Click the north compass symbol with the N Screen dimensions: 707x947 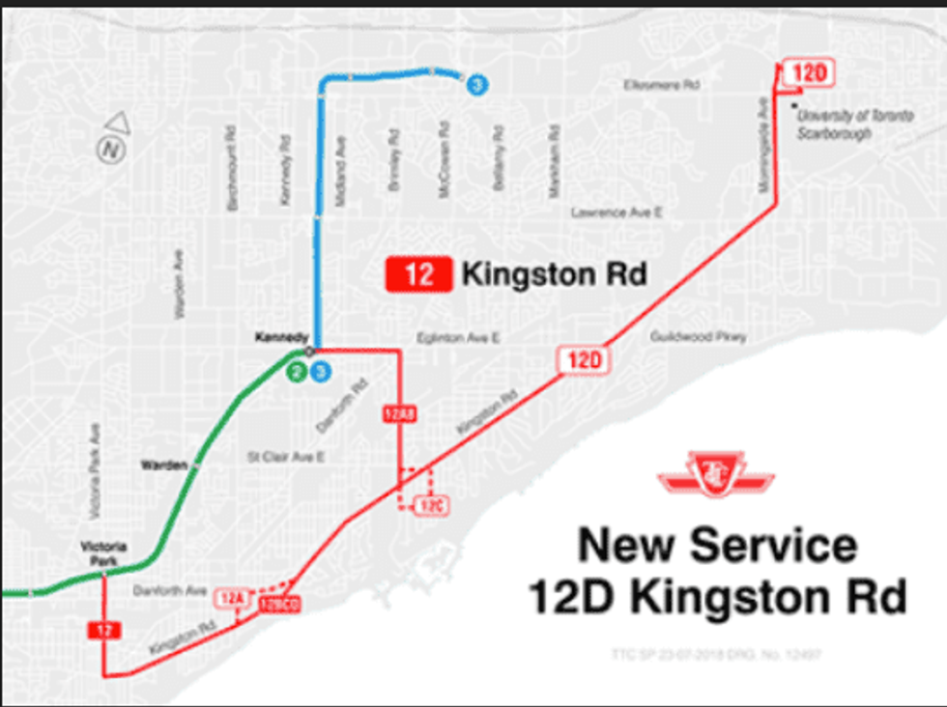110,149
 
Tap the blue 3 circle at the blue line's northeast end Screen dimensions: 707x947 474,85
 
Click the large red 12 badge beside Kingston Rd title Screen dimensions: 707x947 418,274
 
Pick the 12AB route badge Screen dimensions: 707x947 399,413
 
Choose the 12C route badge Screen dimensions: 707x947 429,505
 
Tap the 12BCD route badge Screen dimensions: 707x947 280,606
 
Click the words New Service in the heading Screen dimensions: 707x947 717,546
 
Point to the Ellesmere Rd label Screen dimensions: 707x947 662,85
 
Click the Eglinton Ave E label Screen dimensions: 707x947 458,339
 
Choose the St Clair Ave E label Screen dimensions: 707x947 285,456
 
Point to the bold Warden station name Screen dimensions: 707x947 163,465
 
